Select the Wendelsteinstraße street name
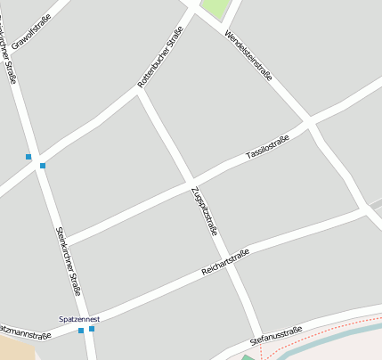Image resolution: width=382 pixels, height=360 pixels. [248, 56]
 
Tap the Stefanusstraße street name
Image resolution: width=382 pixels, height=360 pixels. [276, 335]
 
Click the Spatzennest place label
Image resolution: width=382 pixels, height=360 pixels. [79, 318]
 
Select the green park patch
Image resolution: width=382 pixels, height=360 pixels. [214, 9]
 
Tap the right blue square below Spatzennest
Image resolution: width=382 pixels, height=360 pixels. [92, 329]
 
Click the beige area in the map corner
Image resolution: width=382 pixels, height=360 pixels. [13, 350]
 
